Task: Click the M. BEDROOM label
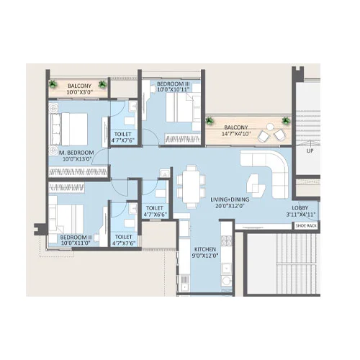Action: [x=77, y=153]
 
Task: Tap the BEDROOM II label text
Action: [x=76, y=236]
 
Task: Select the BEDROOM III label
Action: [x=173, y=84]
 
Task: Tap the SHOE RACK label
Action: [x=305, y=225]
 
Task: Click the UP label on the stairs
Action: [x=310, y=152]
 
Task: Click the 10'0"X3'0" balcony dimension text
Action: [x=80, y=92]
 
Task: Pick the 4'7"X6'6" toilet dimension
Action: [x=156, y=215]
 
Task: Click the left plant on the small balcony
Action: [x=53, y=84]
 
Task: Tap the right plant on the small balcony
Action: [x=104, y=85]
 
